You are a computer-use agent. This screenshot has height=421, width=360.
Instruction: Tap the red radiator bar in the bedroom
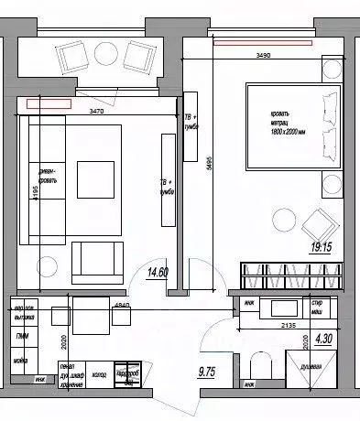(x=262, y=41)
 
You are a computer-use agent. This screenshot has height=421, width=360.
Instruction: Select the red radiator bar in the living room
(x=49, y=103)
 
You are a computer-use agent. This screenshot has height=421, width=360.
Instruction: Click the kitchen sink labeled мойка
(x=20, y=361)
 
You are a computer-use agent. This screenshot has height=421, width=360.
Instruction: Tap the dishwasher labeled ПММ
(x=20, y=338)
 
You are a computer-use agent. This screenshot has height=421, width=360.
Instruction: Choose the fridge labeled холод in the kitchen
(x=99, y=374)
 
